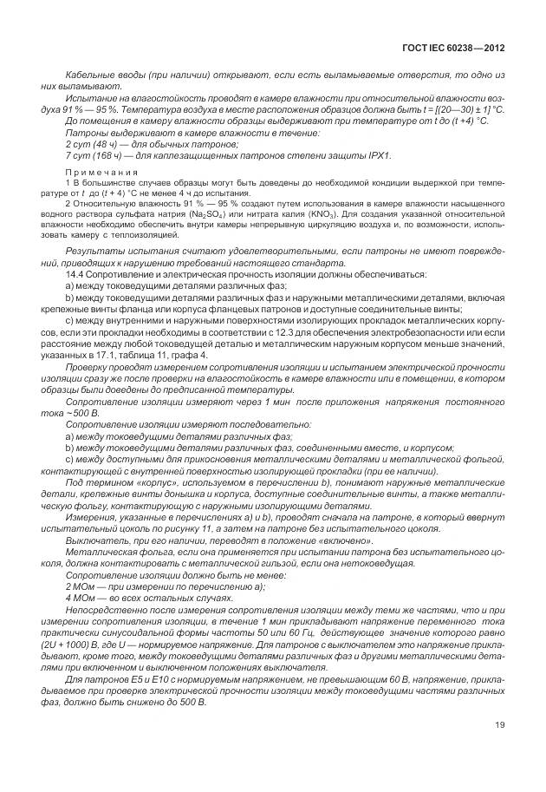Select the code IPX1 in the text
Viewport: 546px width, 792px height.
tap(378, 155)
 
